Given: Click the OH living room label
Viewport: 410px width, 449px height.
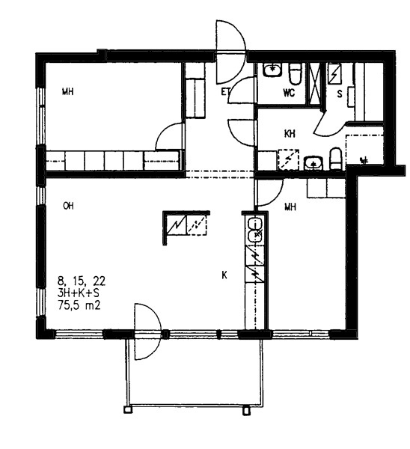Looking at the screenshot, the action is [x=68, y=206].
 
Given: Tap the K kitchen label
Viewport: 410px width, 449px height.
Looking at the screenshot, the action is [x=224, y=275].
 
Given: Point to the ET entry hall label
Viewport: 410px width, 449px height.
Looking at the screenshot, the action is [x=225, y=92].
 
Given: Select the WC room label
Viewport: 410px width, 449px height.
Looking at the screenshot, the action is [x=289, y=93].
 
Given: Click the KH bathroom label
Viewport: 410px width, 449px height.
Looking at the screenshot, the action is [x=290, y=134].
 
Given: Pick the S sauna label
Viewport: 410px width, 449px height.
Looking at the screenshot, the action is [x=340, y=94].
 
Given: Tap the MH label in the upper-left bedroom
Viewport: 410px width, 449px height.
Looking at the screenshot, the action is [x=68, y=92].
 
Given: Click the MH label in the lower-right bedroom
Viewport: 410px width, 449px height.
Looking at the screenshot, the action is [x=290, y=207].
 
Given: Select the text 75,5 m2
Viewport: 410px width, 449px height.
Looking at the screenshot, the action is [x=79, y=305].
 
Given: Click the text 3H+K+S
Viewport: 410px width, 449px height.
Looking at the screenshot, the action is [x=79, y=293].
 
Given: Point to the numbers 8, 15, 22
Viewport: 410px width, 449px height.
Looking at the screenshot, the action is [x=82, y=281].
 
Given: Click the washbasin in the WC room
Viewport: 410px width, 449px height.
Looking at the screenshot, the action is [x=272, y=70].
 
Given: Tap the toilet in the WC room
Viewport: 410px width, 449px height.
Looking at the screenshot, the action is [x=296, y=74].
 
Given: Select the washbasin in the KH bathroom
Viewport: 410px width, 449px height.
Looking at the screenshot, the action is [x=314, y=163].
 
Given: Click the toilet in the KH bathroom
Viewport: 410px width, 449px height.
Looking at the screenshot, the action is [x=336, y=159].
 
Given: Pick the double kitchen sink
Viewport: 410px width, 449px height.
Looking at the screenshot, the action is [x=254, y=230].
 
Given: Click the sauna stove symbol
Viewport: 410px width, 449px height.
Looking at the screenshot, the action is [x=334, y=74].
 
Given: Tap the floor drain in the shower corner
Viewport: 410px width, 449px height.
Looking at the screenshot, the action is [x=364, y=160].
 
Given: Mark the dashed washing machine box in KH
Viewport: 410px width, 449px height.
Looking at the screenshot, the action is [x=288, y=160].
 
